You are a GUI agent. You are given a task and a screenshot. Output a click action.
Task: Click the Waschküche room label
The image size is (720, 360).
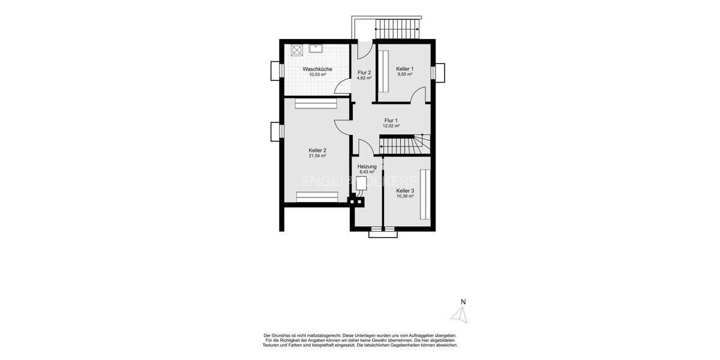pos(317,69)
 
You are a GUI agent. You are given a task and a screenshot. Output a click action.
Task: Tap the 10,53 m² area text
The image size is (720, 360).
pos(317,75)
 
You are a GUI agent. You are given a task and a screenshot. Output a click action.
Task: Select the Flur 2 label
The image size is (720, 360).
pos(364,73)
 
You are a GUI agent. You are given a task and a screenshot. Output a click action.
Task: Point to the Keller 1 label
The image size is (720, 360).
pos(405,69)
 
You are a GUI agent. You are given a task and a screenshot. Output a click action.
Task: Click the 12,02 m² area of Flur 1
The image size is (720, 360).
pos(391,126)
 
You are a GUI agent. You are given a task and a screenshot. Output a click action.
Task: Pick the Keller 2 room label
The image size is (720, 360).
pos(317,150)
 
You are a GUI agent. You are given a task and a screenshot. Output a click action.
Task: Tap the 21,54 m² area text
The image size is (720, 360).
pos(317,156)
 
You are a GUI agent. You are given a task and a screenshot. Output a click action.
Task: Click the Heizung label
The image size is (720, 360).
pos(367,166)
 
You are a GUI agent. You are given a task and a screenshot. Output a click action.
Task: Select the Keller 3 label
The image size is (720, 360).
pos(405,191)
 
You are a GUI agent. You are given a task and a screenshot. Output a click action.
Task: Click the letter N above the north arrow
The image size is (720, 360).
pos(463,302)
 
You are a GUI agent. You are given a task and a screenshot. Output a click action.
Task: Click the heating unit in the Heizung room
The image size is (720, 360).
pos(361,187)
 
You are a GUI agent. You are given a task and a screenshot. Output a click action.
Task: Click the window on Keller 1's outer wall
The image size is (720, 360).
pos(440,72)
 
